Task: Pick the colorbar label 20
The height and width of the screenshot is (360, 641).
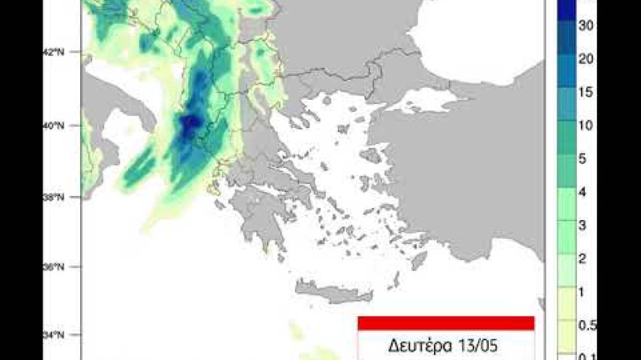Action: [585, 60]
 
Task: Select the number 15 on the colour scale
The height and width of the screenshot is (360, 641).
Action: [585, 92]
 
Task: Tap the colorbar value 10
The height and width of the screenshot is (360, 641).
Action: [585, 126]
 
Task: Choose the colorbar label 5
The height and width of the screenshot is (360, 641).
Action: [582, 159]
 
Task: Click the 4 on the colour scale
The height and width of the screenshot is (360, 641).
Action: [582, 192]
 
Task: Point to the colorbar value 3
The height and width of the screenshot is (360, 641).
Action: [582, 226]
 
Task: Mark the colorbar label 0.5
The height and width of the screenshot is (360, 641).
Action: [586, 325]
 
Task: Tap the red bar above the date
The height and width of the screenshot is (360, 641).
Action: [446, 323]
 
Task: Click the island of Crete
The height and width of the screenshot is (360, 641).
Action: [334, 292]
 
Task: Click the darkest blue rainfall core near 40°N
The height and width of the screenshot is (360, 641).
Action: [190, 122]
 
